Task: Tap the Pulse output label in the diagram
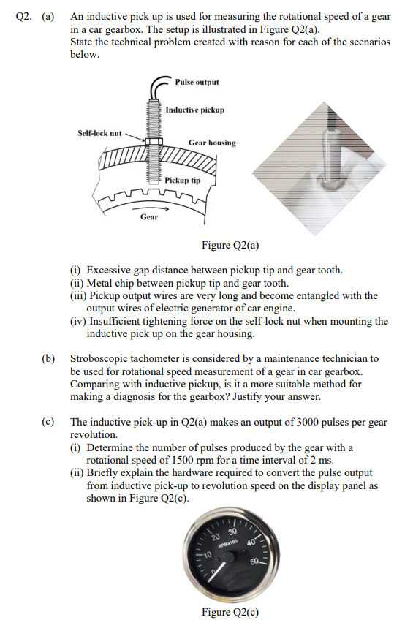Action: (197, 82)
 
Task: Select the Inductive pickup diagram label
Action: (194, 110)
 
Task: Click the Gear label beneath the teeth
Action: (149, 216)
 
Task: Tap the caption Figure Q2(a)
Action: (231, 245)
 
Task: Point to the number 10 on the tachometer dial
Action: (206, 555)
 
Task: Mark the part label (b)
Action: (49, 358)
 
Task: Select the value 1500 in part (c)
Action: (184, 461)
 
